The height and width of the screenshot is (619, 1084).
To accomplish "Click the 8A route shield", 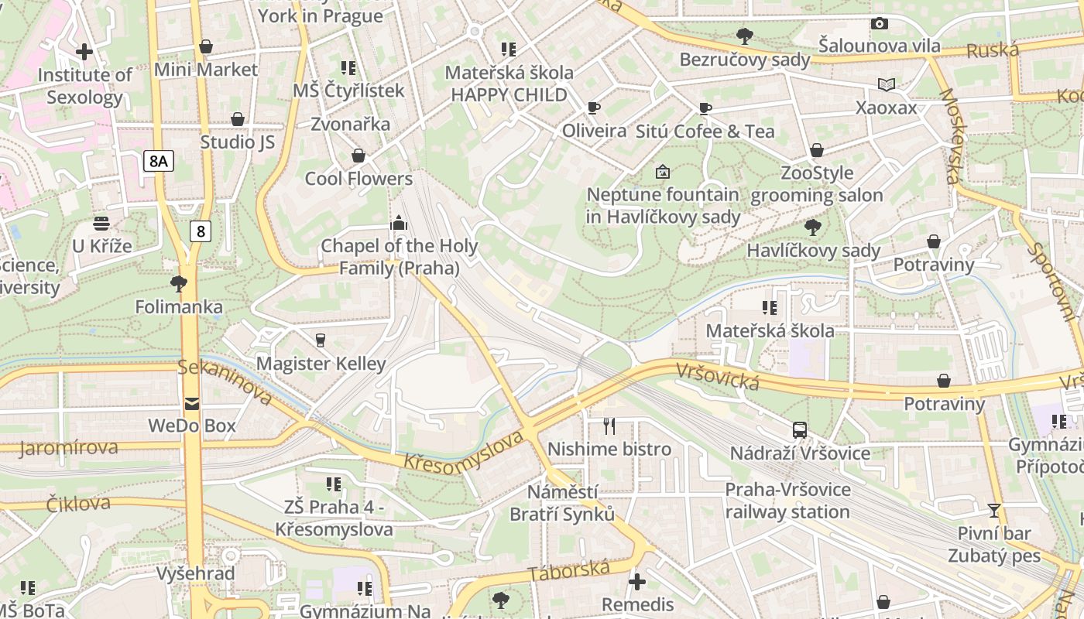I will coord(159,161).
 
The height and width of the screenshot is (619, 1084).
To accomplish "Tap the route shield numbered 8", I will coord(201,231).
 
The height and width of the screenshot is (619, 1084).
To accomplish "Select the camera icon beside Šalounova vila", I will coord(879,24).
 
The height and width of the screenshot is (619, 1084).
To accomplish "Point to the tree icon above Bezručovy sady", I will coord(745,36).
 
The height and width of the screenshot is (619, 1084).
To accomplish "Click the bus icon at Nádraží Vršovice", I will coord(800,430).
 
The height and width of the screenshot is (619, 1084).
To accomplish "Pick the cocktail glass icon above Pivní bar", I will coord(994,511).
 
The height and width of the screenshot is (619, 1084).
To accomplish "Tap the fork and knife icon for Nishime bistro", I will coord(609,426).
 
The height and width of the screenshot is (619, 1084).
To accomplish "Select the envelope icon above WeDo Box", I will coord(191,403).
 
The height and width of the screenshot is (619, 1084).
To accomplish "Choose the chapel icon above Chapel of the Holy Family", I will coord(399,224).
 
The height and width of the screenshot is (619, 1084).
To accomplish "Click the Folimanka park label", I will coord(179,307).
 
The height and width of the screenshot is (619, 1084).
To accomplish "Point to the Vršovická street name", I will coord(717,376).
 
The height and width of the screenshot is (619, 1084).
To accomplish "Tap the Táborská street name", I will coord(569,571).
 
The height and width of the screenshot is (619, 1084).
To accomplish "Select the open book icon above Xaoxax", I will coord(886,84).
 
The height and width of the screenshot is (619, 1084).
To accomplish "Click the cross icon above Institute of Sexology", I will coord(84,53).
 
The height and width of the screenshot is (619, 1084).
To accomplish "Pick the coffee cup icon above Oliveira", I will coord(594,108).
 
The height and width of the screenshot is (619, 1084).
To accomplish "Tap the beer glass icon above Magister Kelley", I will coord(321,340).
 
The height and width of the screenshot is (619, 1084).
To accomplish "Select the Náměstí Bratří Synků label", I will coord(562,503).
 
